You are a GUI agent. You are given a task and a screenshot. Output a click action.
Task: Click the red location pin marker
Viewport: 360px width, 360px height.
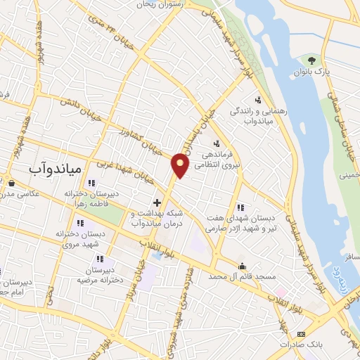[x=180, y=166]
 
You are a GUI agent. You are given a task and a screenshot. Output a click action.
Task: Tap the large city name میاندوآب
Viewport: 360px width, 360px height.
[x=56, y=169]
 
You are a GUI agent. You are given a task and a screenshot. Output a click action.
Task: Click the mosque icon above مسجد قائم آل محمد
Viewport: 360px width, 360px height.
[x=243, y=266]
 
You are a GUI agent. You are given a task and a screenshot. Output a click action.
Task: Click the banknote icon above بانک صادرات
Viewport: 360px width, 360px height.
[x=302, y=333]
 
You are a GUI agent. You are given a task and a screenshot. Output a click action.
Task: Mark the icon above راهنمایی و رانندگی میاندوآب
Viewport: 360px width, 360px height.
[x=258, y=100]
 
